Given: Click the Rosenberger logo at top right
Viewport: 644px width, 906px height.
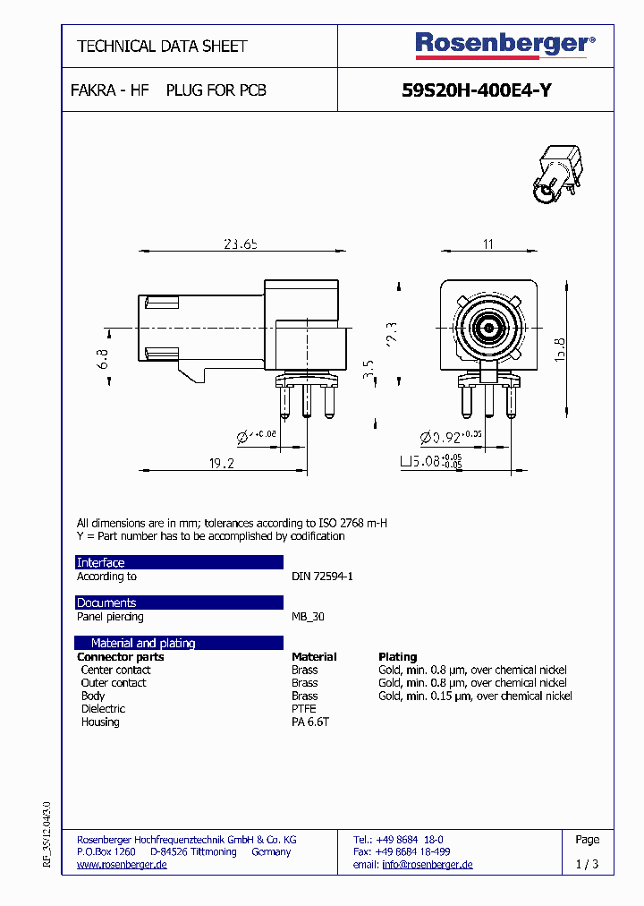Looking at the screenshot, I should [x=504, y=45].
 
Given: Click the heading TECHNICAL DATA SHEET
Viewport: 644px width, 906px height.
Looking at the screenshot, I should [x=162, y=46].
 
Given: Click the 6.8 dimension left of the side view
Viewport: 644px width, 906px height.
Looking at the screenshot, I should [x=103, y=359].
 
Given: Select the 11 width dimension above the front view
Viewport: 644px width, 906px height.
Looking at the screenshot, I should [x=488, y=244].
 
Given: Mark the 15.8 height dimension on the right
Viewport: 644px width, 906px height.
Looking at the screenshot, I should [x=559, y=348].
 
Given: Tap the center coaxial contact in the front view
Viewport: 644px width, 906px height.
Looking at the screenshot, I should [x=489, y=329].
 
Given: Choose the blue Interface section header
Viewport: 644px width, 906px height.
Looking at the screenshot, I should [x=178, y=562].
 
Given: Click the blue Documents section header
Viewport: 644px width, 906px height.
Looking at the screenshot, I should [x=178, y=603].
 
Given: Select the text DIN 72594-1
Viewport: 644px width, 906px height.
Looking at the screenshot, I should [x=322, y=577].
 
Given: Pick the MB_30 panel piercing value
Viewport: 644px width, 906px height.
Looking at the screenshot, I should [x=308, y=617].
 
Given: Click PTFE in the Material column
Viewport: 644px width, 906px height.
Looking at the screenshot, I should [x=304, y=709].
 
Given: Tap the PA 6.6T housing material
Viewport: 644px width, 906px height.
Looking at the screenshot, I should [x=310, y=722].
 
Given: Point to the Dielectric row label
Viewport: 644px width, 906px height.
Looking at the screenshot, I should [x=103, y=709].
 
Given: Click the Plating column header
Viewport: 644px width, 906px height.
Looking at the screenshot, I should [x=397, y=657].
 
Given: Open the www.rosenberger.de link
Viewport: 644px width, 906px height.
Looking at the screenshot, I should [x=122, y=865].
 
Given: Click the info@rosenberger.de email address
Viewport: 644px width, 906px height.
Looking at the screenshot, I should [x=427, y=865].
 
